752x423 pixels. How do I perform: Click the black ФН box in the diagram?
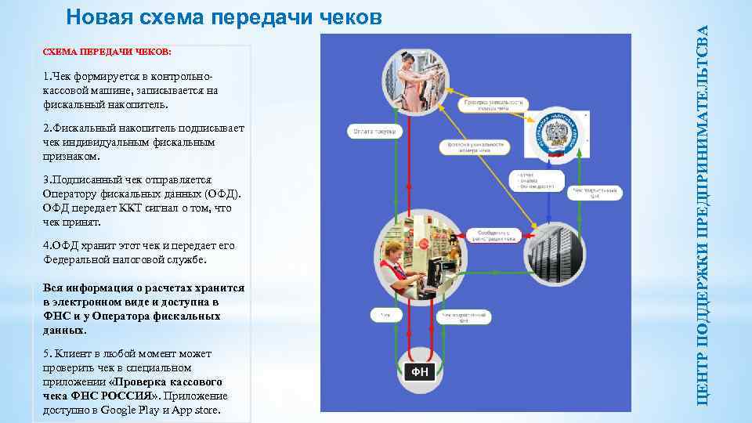[x=420, y=372]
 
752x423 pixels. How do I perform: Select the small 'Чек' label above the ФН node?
[x=385, y=316]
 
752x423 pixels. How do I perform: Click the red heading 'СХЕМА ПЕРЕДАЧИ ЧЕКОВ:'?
[x=107, y=52]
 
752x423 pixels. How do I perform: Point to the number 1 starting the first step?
[x=46, y=77]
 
